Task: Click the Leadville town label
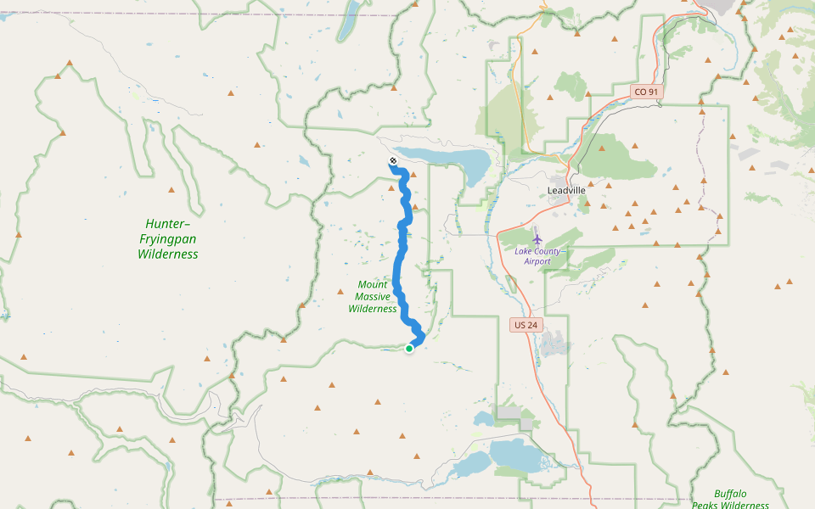click(566, 190)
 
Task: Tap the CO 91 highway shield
click(646, 92)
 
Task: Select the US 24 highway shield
click(524, 325)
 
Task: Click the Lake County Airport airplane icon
click(537, 238)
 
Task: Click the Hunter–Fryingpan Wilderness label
click(168, 238)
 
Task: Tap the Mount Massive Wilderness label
click(373, 297)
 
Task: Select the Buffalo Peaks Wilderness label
click(730, 500)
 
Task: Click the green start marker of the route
click(409, 348)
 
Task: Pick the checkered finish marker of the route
click(393, 160)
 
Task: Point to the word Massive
click(373, 297)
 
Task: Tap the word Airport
click(537, 261)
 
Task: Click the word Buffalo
click(730, 494)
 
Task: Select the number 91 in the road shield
click(652, 92)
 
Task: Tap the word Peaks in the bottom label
click(707, 506)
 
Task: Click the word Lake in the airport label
click(526, 250)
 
